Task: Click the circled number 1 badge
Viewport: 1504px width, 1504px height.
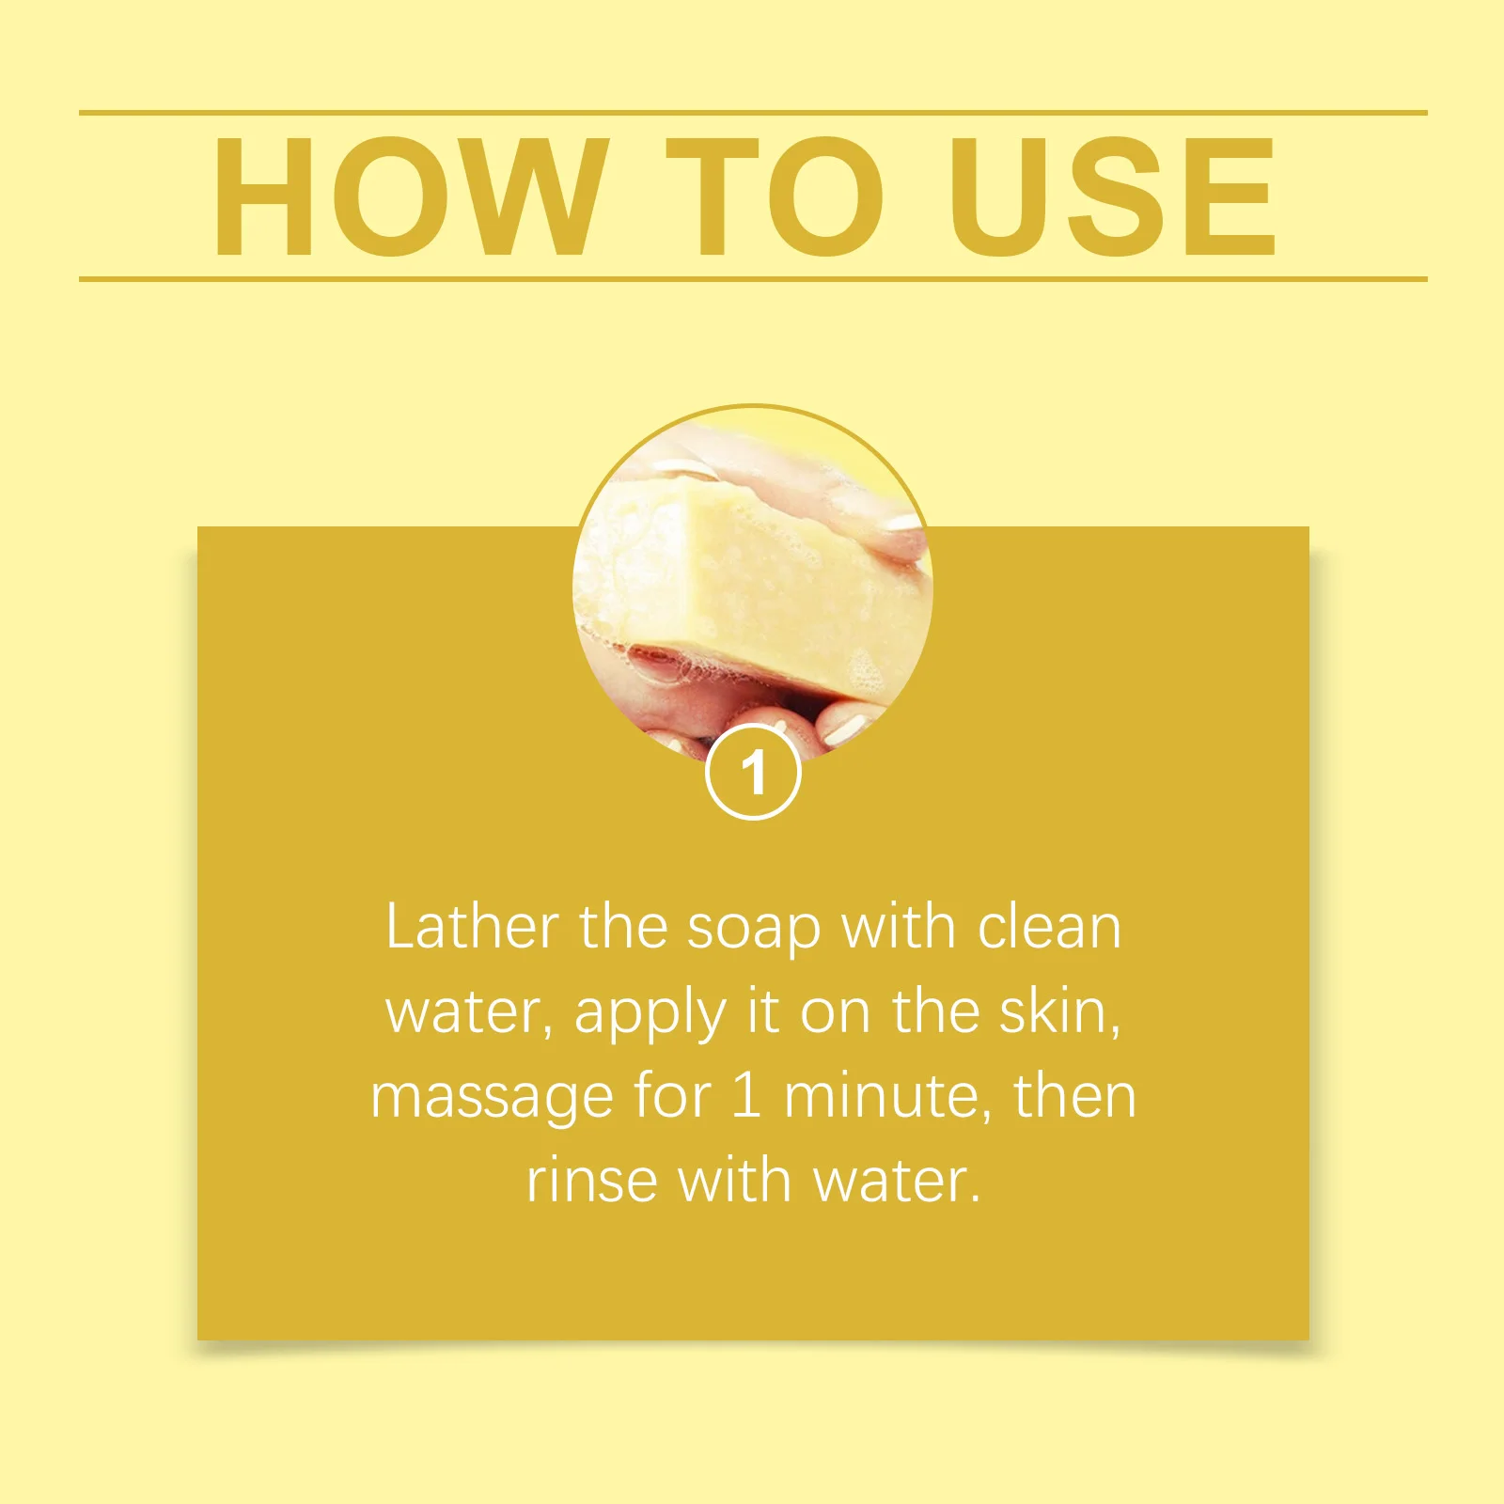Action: click(x=753, y=773)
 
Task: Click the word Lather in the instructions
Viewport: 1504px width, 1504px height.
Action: click(x=472, y=928)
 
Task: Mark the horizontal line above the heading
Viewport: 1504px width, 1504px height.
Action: click(x=752, y=113)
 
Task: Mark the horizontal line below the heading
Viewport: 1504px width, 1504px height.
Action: click(x=752, y=279)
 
